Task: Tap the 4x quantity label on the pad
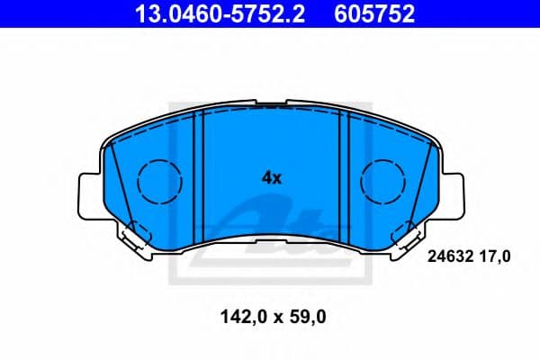pyautogui.click(x=272, y=177)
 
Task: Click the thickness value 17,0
pyautogui.click(x=495, y=257)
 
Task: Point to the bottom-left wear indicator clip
pyautogui.click(x=132, y=236)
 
